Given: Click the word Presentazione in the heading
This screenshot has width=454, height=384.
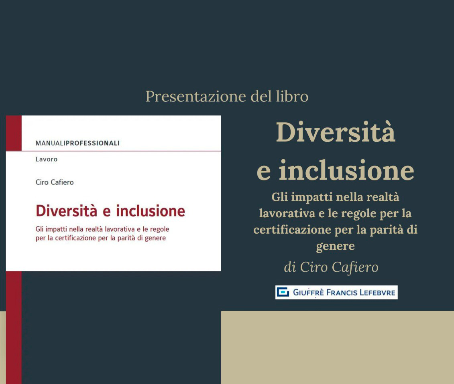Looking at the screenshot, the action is point(196,97).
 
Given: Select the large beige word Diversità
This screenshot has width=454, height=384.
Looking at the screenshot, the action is point(336,132).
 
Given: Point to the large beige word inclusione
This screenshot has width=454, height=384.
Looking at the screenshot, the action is point(346,170).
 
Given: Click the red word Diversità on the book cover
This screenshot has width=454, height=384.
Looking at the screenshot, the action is point(66,210).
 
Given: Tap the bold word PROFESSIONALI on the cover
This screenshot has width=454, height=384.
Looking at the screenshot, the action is point(93,143).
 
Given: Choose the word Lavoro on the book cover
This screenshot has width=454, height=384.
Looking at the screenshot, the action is point(46,159).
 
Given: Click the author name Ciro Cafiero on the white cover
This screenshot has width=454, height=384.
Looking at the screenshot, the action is point(55,182).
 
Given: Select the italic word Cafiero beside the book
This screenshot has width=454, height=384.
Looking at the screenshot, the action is point(355,267).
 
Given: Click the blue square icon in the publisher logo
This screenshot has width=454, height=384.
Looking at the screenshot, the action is point(283,292).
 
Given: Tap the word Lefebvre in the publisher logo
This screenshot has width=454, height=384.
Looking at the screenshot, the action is point(377,292).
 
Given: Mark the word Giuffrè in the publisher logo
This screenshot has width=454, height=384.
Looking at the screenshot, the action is point(308,292).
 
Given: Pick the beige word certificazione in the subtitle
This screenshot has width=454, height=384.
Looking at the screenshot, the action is point(292,230).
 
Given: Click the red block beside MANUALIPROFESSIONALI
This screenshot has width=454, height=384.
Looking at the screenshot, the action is point(14,133).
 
